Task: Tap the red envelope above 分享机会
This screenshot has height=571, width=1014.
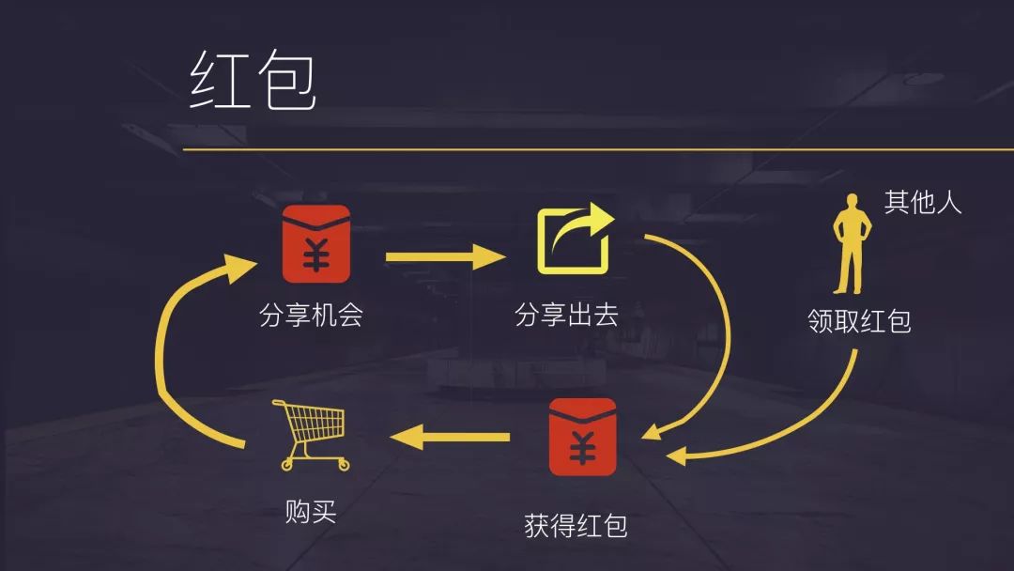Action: coord(316,243)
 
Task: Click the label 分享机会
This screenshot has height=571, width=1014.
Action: coord(311,315)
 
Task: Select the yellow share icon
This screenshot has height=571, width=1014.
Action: coord(575,241)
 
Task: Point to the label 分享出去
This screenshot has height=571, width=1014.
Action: coord(566,315)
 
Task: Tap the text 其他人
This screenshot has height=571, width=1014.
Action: coord(923,202)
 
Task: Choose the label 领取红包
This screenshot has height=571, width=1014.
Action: coord(859,321)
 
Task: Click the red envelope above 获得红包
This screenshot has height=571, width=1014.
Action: coord(582,438)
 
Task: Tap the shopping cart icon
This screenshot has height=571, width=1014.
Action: coord(309,435)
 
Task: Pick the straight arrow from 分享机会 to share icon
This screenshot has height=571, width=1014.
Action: coord(445,255)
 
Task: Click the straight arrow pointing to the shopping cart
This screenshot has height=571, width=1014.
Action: coord(450,436)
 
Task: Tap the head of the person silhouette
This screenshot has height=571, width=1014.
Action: coord(852,201)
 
